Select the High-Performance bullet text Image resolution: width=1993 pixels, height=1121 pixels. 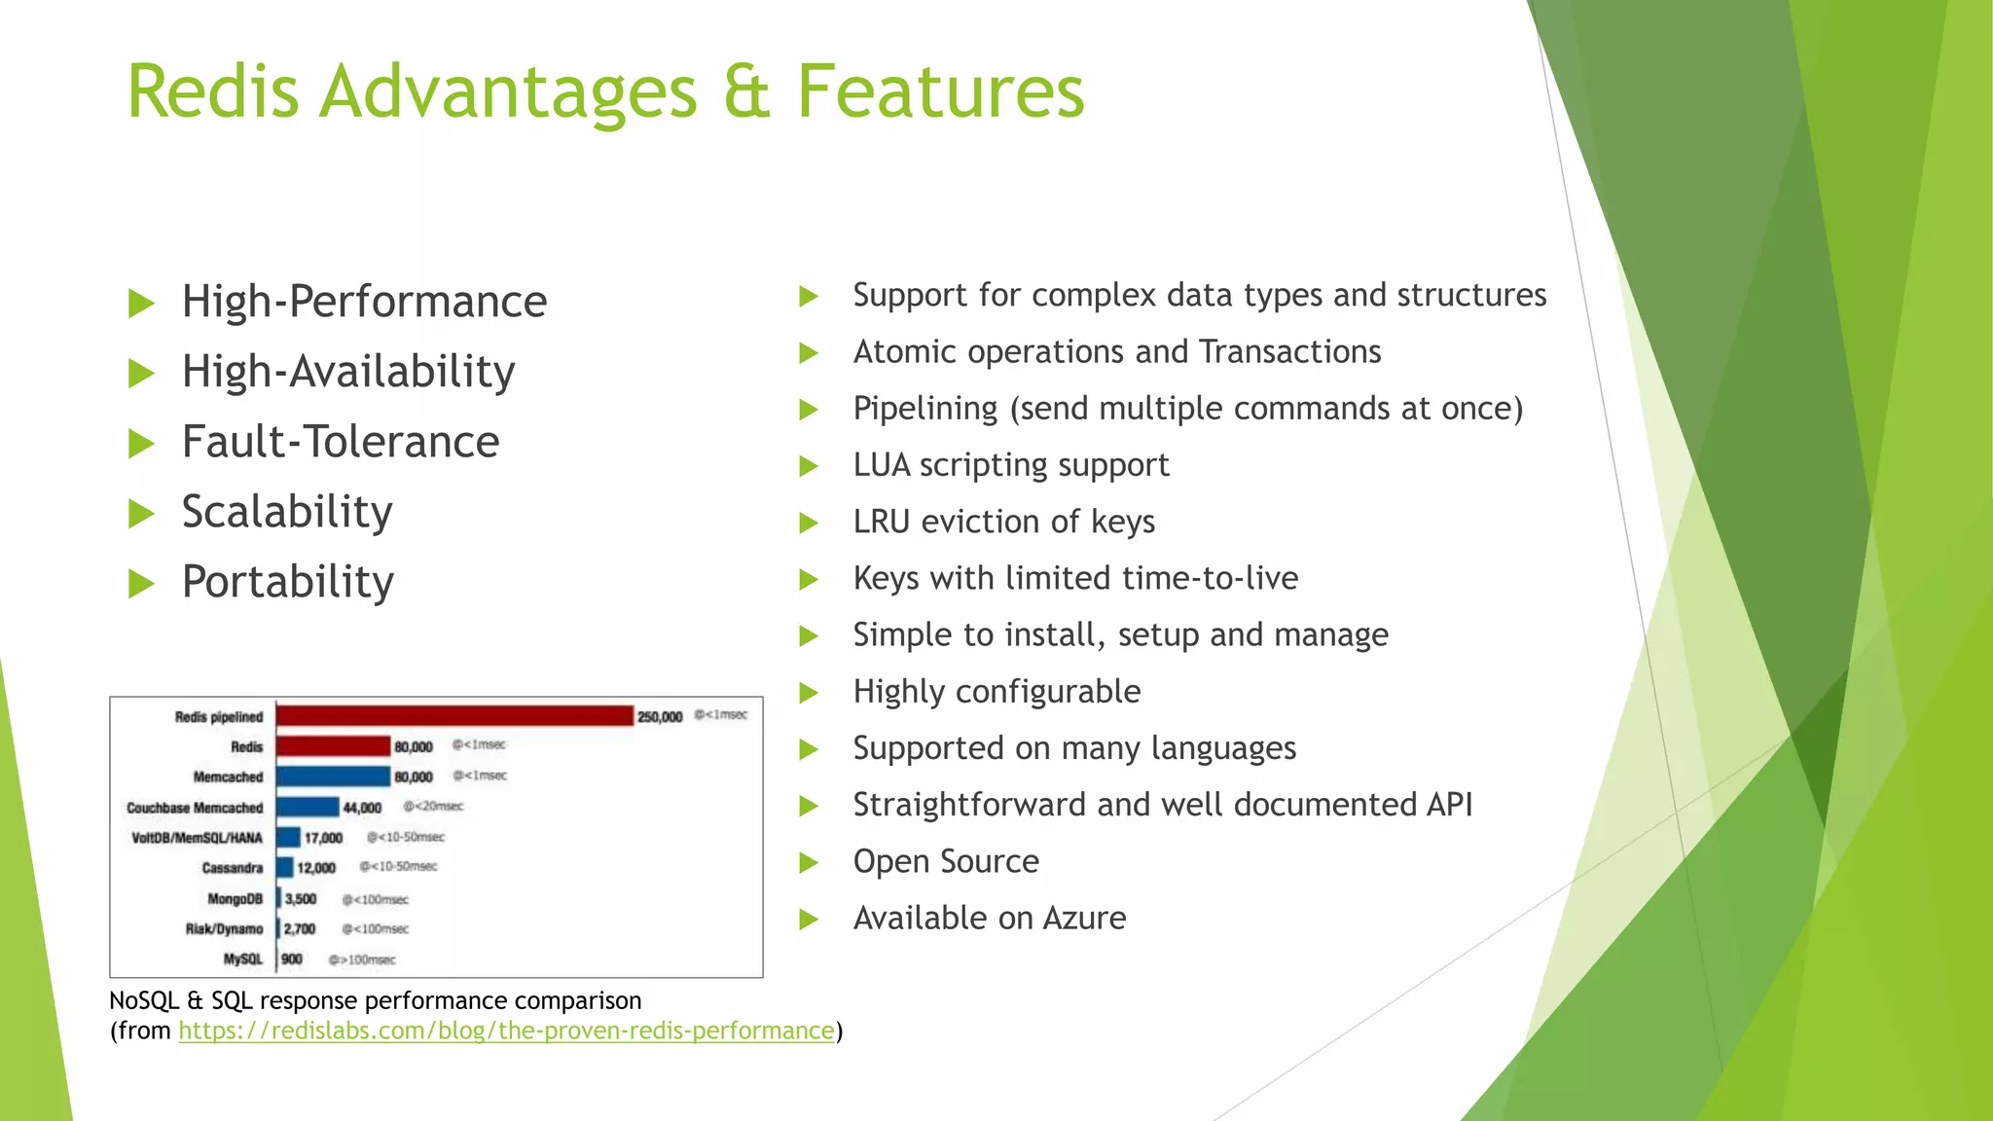point(364,302)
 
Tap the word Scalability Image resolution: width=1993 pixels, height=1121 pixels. point(287,512)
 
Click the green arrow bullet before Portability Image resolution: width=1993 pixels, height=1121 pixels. point(142,584)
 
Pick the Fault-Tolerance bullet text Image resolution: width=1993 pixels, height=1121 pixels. point(341,442)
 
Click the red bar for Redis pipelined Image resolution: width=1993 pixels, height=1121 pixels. point(454,716)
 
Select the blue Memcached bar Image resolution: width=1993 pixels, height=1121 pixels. point(333,777)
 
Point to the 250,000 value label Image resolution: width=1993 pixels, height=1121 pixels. point(660,717)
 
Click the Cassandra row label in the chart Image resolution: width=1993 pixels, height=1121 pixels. point(233,868)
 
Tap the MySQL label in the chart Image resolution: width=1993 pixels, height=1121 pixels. point(243,959)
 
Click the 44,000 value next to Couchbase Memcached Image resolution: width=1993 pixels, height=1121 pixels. point(362,808)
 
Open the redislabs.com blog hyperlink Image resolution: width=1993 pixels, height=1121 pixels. point(506,1031)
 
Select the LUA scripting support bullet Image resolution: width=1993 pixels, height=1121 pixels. point(1010,465)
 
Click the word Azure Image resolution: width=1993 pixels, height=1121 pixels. point(1084,918)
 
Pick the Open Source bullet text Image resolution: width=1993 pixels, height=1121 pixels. point(946,861)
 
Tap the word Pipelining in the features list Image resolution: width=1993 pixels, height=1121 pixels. point(925,409)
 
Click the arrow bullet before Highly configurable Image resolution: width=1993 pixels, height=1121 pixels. point(809,693)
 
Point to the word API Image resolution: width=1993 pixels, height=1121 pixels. point(1449,805)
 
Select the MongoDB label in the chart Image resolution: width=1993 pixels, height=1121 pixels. point(235,899)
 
